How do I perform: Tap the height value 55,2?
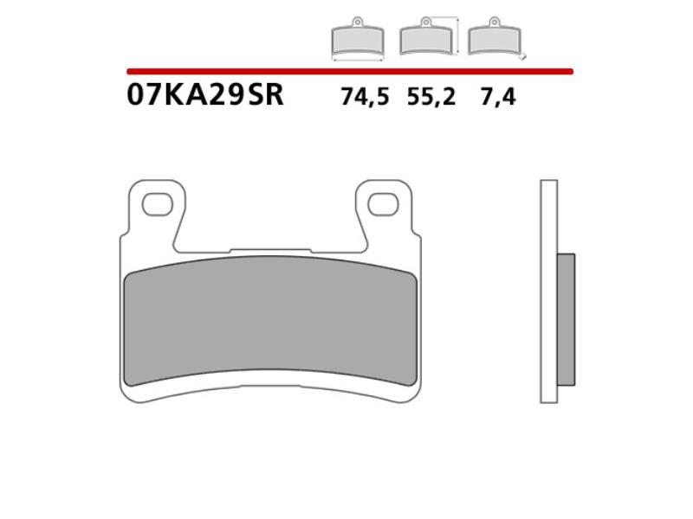(x=431, y=98)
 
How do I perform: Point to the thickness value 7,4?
(x=498, y=98)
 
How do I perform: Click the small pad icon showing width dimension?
(x=358, y=40)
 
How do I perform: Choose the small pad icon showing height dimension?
(x=425, y=40)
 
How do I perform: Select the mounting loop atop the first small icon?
(x=358, y=22)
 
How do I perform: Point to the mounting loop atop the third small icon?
(x=495, y=22)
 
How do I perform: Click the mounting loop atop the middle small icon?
(x=425, y=22)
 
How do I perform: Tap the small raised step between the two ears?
(x=270, y=253)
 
